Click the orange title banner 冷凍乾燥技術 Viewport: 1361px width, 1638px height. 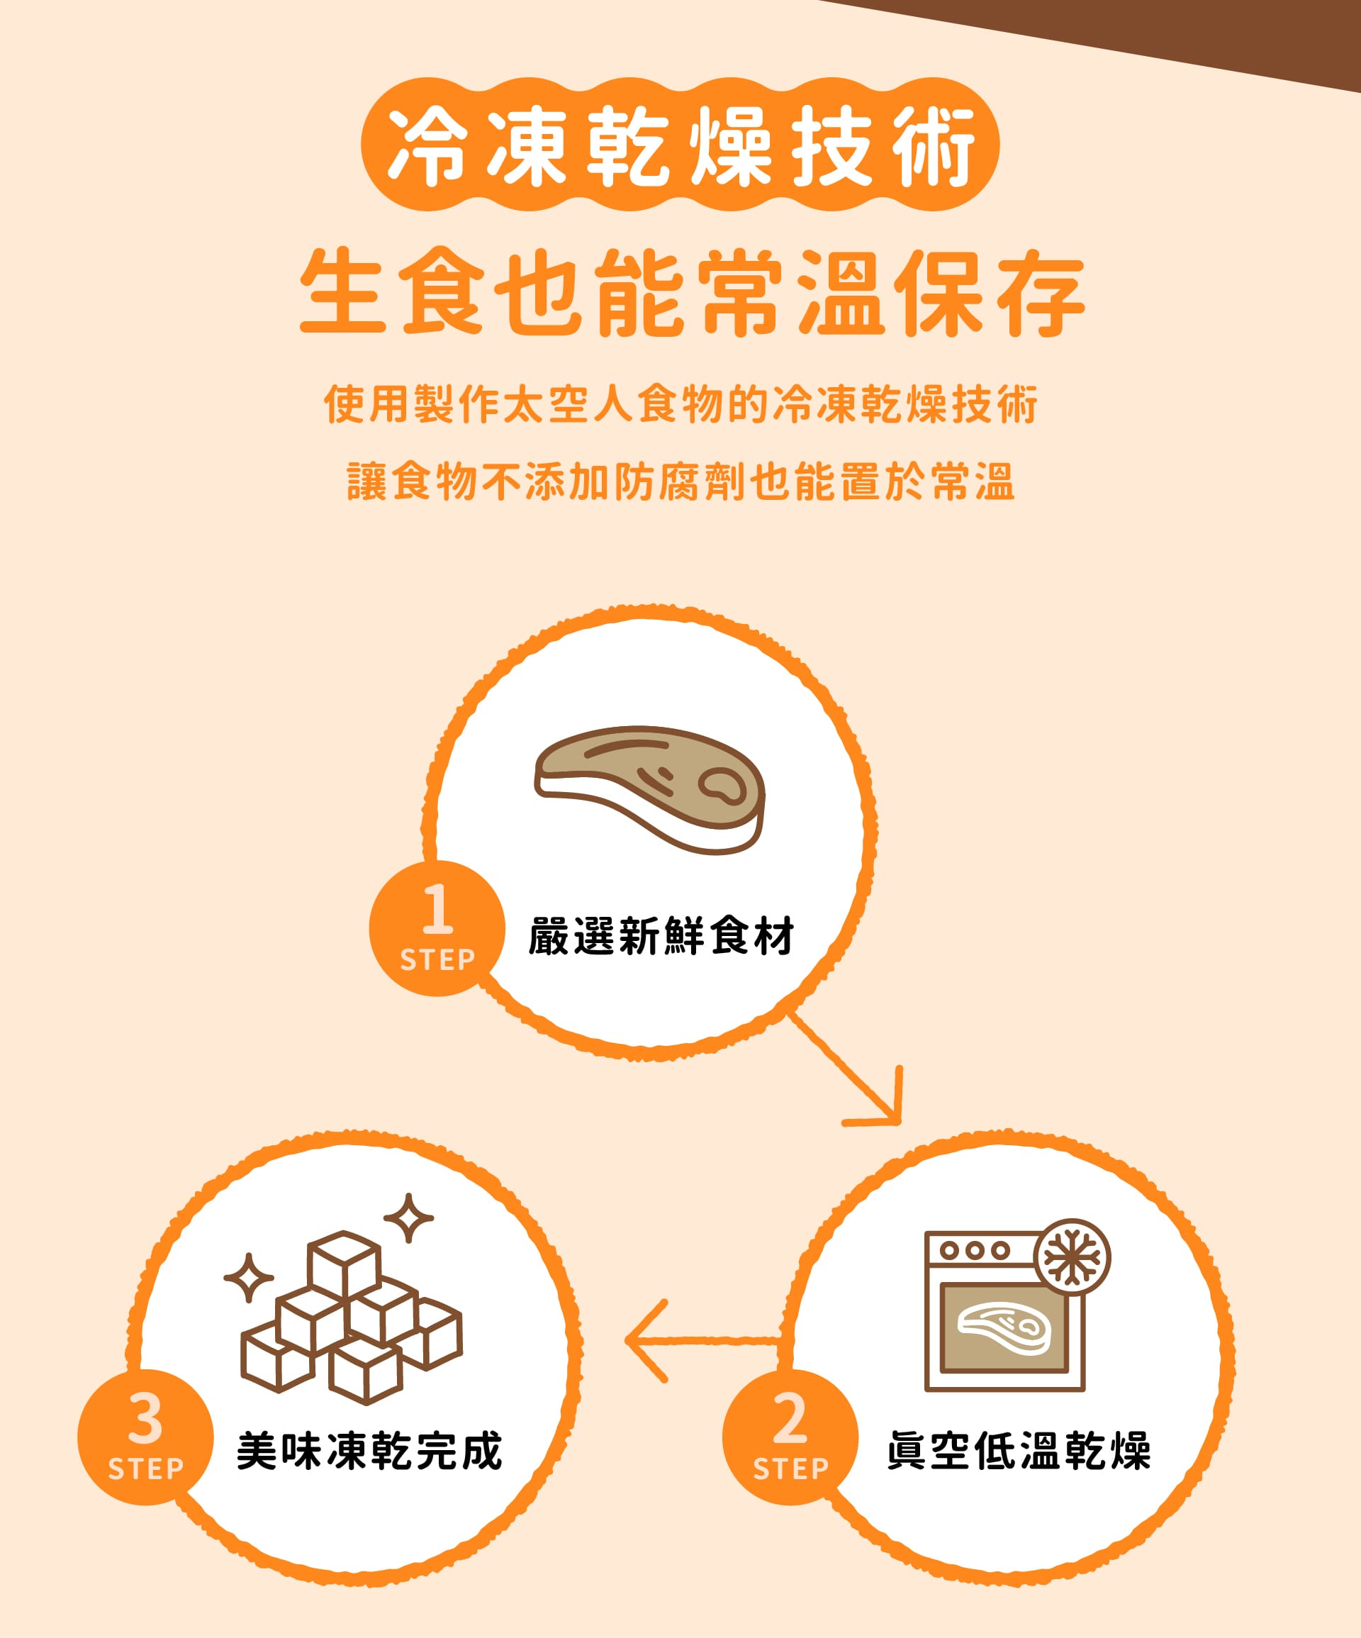pos(680,145)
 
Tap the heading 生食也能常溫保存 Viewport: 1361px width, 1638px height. pos(692,292)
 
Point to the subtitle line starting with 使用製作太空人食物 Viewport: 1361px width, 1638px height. pos(680,404)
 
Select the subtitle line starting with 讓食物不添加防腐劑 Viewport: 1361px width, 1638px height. pos(680,481)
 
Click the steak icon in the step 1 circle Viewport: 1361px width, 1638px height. pos(650,790)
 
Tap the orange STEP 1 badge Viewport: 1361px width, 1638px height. pos(437,928)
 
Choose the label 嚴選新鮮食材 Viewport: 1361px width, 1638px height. pos(661,936)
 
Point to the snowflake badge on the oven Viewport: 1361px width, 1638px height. pos(1072,1257)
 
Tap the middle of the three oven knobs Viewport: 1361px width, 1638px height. pos(974,1250)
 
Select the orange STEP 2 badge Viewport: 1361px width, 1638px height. pos(790,1437)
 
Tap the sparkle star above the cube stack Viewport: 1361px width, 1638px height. pos(408,1218)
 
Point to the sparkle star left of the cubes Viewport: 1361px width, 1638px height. pos(249,1278)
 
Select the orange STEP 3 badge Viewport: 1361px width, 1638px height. pos(145,1437)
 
